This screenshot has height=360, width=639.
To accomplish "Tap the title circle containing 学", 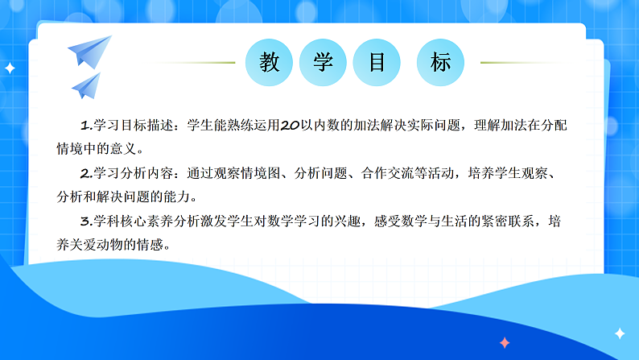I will (x=324, y=63).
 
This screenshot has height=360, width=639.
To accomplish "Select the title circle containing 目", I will (x=377, y=63).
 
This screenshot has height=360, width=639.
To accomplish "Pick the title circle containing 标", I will (x=440, y=63).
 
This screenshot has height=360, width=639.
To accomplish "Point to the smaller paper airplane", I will (x=86, y=84).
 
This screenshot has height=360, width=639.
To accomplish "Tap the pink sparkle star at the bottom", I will (x=505, y=342).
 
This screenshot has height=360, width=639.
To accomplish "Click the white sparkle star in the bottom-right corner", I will (x=620, y=333).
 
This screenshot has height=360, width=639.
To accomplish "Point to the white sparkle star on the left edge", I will (x=10, y=68).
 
